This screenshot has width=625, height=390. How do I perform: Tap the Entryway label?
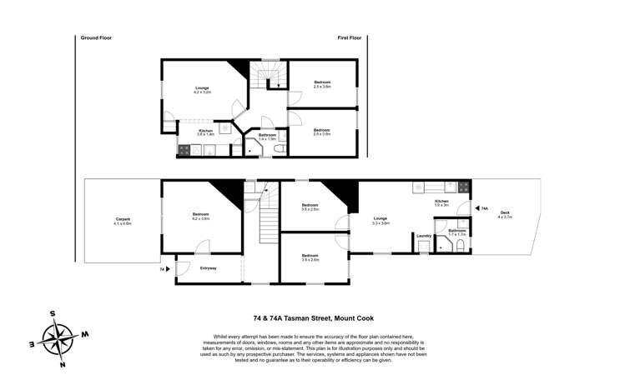click(208, 267)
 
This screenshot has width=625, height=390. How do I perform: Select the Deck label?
click(505, 213)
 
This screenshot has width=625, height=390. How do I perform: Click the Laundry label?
click(424, 236)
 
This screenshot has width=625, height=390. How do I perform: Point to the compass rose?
click(58, 337)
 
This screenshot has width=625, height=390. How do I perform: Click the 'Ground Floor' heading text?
click(96, 37)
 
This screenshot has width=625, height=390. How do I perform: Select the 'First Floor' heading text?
click(353, 37)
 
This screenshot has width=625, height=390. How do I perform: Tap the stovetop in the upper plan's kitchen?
click(184, 150)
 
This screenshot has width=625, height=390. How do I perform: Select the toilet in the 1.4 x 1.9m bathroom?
click(280, 148)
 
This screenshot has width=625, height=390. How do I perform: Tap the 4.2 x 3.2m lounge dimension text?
click(202, 92)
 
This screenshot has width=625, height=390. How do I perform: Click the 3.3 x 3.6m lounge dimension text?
click(381, 223)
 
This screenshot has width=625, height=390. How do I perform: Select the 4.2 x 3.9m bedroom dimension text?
click(201, 219)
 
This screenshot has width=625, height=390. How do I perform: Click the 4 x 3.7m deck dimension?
click(505, 217)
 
